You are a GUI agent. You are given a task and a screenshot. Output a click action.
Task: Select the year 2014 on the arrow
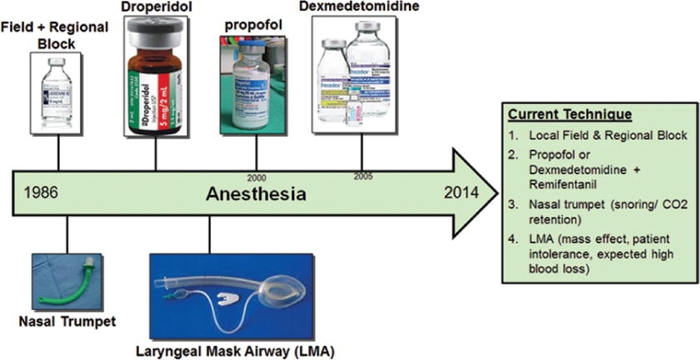pos(462,192)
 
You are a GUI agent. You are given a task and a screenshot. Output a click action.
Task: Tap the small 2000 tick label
pos(257,177)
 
